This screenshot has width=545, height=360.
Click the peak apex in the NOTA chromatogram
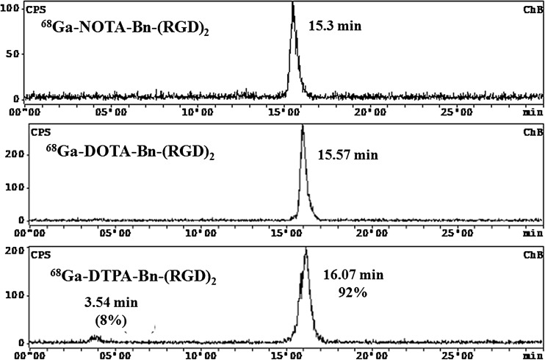tap(292, 3)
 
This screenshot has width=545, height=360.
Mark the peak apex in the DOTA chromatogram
tap(303, 126)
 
